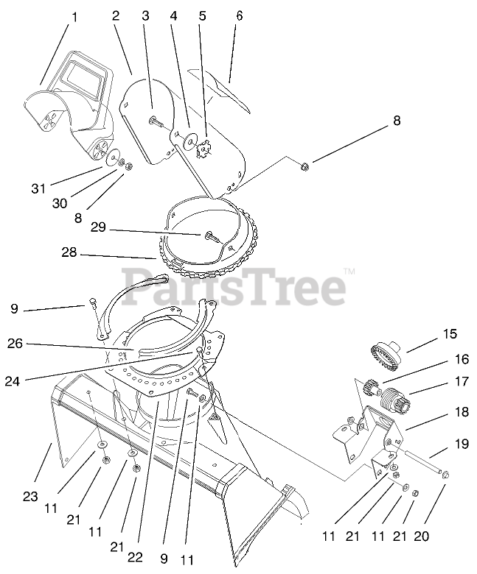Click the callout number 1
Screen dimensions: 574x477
(73, 15)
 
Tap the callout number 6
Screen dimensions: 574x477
(238, 15)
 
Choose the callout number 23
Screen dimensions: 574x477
(29, 497)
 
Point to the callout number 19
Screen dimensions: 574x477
(462, 444)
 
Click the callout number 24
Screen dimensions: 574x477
(12, 380)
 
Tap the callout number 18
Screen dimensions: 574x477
(462, 413)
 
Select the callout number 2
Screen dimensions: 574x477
(116, 15)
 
